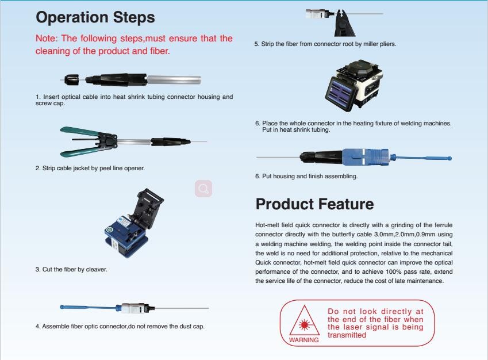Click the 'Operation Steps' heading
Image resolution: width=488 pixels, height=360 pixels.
coord(95,18)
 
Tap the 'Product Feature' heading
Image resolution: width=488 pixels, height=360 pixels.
coord(314,204)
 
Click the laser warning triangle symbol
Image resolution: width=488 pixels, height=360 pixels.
coord(304,320)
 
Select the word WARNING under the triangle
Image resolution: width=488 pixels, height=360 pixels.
coord(303,340)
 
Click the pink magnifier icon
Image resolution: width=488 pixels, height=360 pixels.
coord(203,189)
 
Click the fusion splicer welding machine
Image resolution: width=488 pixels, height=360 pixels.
coord(354,85)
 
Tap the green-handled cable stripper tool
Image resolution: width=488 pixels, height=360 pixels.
coord(89,141)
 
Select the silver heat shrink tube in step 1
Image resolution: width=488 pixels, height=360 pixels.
coord(174,80)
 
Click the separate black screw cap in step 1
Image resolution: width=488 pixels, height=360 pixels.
coord(71,80)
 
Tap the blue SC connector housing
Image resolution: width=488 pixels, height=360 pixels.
coord(366,156)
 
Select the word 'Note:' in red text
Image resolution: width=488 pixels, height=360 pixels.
coord(47,39)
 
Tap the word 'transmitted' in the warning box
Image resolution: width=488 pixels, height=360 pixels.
coord(347,335)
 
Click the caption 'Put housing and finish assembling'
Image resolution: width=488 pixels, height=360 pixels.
coord(310,177)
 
